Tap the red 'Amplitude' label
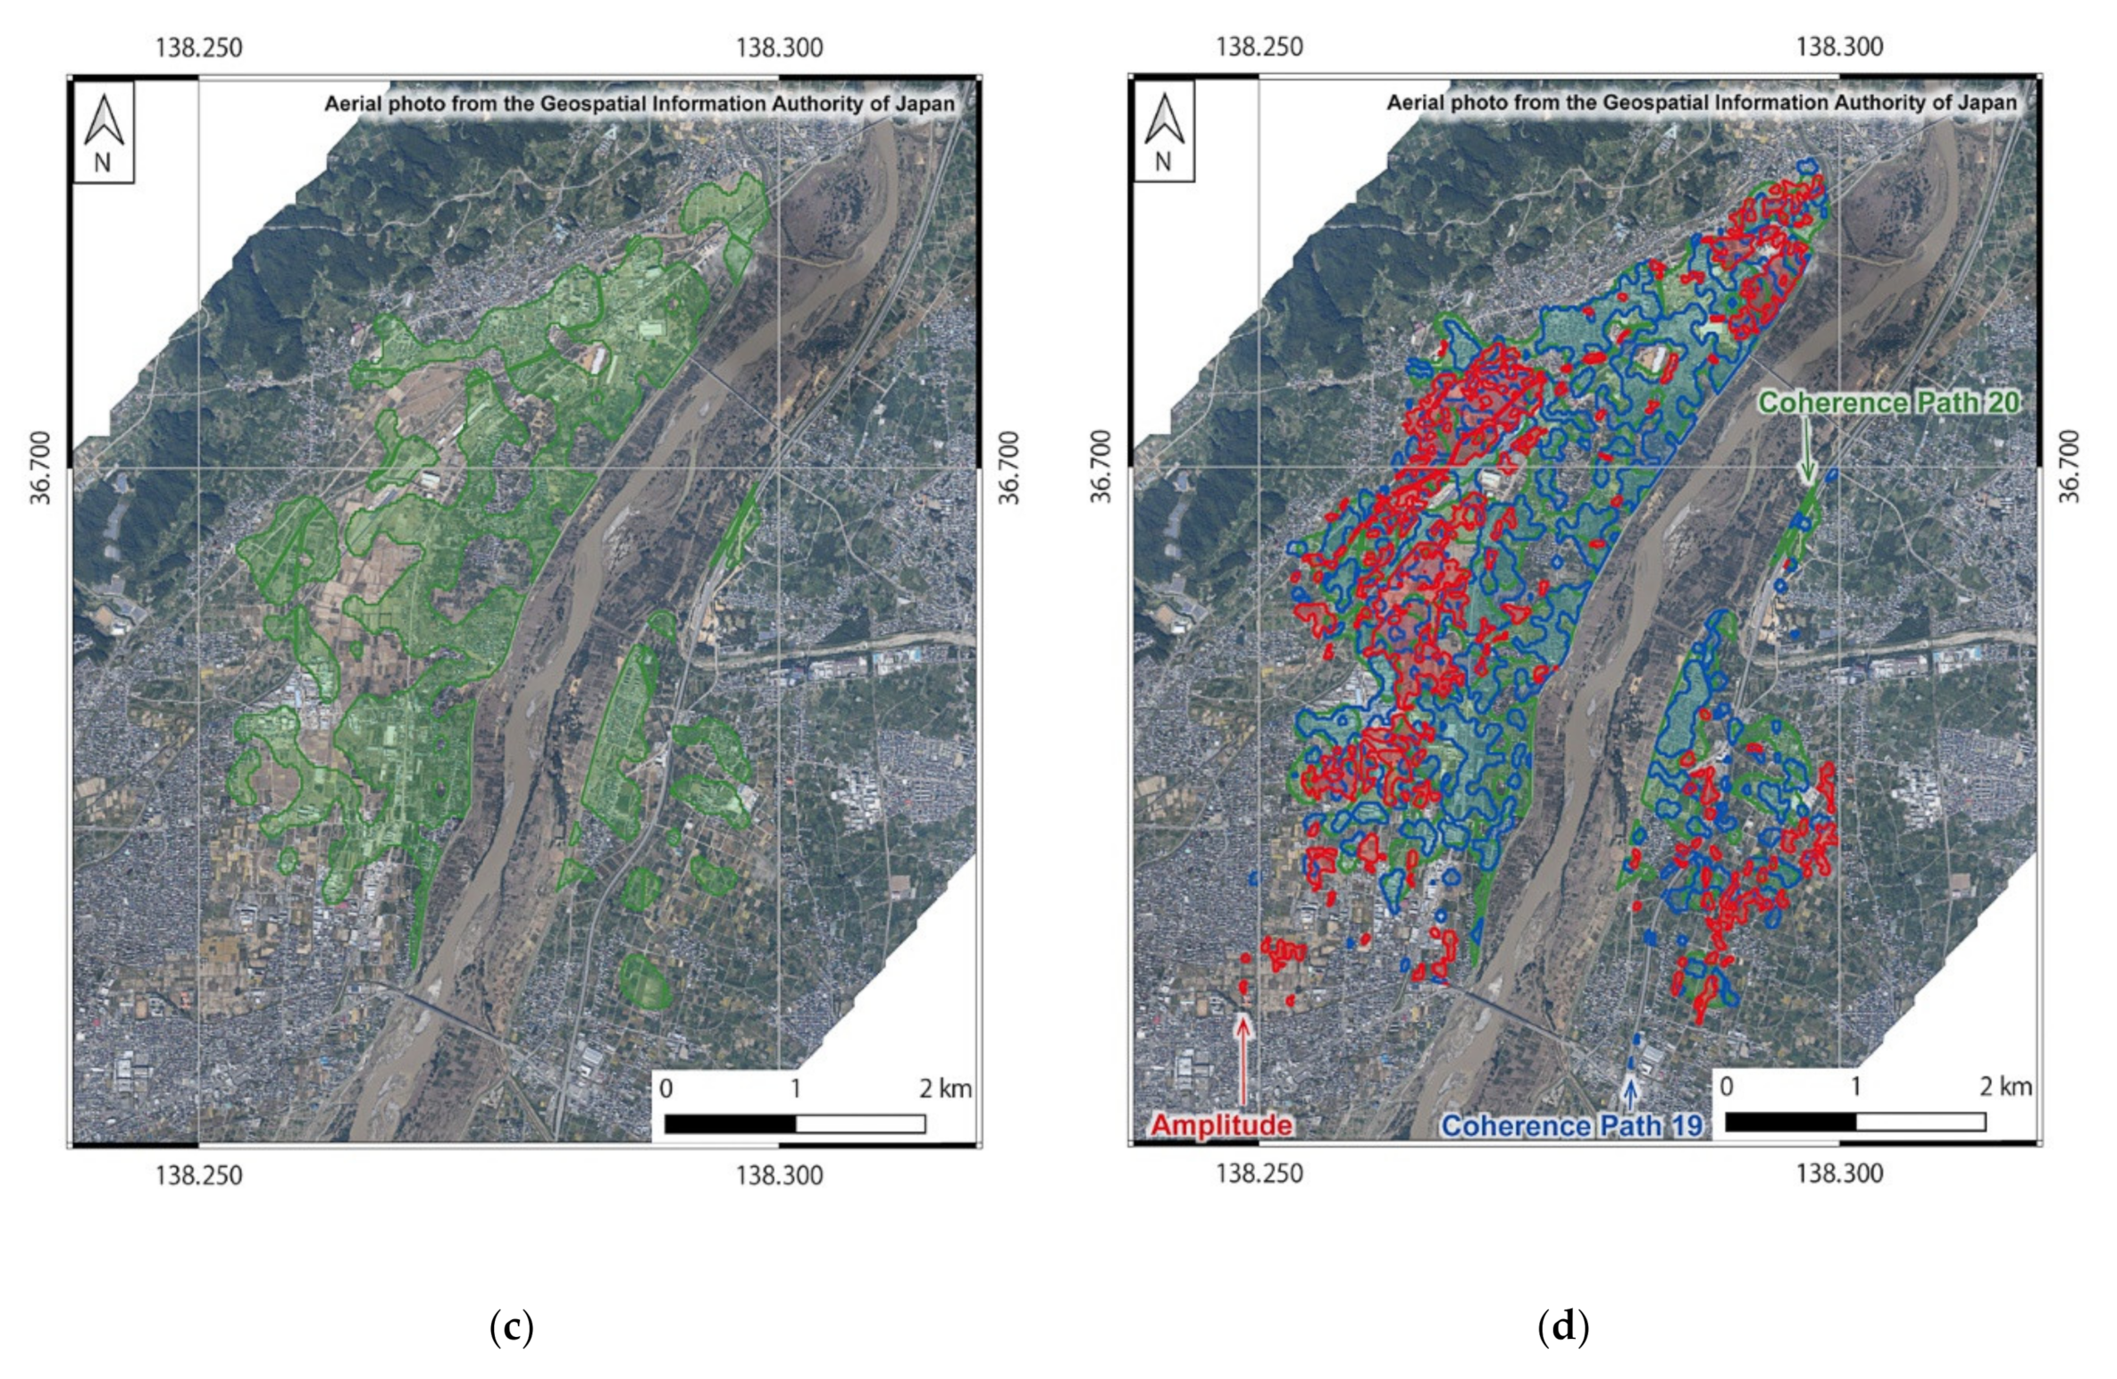1220,1124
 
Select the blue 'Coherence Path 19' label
1571,1125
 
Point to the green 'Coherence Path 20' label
1887,403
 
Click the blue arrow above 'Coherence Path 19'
1631,1093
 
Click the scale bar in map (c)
794,1124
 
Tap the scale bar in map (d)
1854,1122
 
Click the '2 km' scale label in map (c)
945,1089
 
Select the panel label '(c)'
512,1328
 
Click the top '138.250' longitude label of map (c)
198,47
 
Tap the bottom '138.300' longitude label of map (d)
1839,1173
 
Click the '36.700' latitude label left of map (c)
41,467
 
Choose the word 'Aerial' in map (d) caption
1416,104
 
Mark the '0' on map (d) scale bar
1726,1087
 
